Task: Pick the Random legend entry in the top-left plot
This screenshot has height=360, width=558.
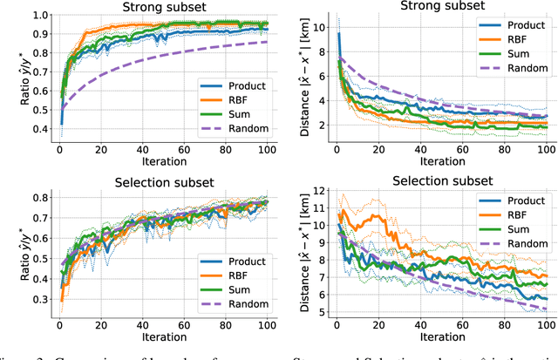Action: [x=238, y=129]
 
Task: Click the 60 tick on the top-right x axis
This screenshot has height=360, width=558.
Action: [x=459, y=149]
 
